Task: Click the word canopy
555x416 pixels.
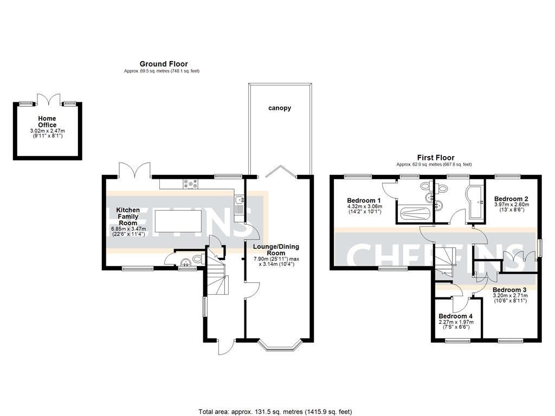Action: pyautogui.click(x=280, y=108)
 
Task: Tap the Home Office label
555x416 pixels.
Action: pyautogui.click(x=47, y=121)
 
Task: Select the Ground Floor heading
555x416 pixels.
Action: pyautogui.click(x=164, y=64)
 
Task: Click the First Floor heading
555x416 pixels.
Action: pyautogui.click(x=435, y=158)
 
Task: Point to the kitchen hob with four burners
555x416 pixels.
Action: pyautogui.click(x=191, y=185)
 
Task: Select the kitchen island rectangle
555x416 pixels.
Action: pyautogui.click(x=178, y=222)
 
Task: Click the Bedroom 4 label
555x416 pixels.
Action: pyautogui.click(x=455, y=316)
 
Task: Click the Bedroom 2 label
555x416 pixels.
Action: pyautogui.click(x=511, y=199)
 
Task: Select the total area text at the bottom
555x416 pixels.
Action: pyautogui.click(x=279, y=412)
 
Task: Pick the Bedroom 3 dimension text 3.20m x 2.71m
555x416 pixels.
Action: pyautogui.click(x=509, y=296)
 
